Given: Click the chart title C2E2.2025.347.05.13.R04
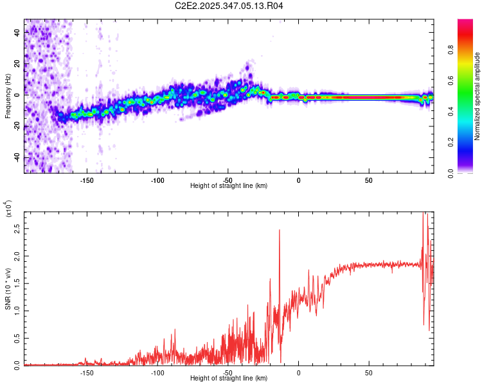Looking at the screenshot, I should click(x=229, y=6).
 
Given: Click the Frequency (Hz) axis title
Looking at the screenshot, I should click(x=8, y=96).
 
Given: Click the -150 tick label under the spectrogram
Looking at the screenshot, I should click(x=87, y=180).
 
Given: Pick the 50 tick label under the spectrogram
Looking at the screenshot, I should click(x=369, y=180).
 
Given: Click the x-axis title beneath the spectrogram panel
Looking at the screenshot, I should click(x=229, y=186).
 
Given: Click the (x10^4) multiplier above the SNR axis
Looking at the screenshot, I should click(x=8, y=208).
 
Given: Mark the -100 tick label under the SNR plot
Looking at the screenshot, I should click(x=157, y=372).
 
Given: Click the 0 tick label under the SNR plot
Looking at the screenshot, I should click(x=298, y=372).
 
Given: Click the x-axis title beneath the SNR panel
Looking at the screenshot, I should click(x=229, y=379).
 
